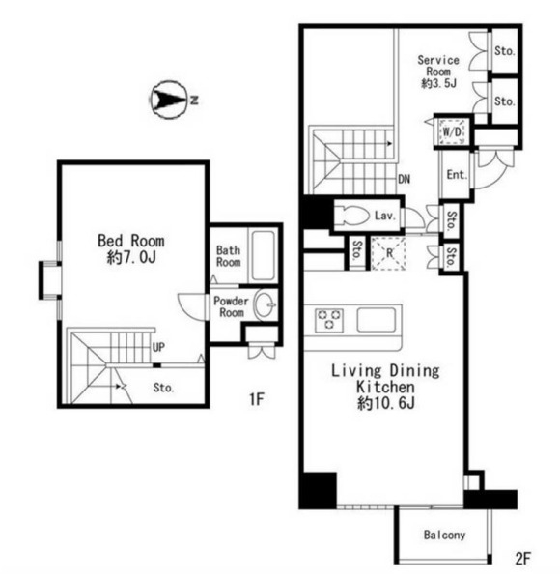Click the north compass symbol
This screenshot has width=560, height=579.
point(170,100)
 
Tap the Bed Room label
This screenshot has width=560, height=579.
point(131,241)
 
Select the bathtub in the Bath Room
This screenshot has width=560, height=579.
point(263,255)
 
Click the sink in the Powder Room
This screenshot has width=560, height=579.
point(266,305)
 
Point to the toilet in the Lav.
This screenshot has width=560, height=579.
point(355,215)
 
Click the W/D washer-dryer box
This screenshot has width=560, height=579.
point(452,131)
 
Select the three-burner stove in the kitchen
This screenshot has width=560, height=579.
point(329,319)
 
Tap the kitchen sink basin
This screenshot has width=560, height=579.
point(377,320)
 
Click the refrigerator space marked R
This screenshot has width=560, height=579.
point(389,253)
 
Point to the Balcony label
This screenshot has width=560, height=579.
point(444,535)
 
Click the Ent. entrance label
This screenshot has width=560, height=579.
point(457,174)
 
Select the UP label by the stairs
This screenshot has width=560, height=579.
point(158,347)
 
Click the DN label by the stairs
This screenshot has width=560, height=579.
point(405,179)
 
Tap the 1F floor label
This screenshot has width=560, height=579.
point(257,399)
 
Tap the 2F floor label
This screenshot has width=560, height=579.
point(522,559)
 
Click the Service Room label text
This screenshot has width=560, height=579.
point(438,66)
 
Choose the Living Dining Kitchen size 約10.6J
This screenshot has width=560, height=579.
point(386,403)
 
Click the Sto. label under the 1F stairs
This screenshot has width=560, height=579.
point(163,388)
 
